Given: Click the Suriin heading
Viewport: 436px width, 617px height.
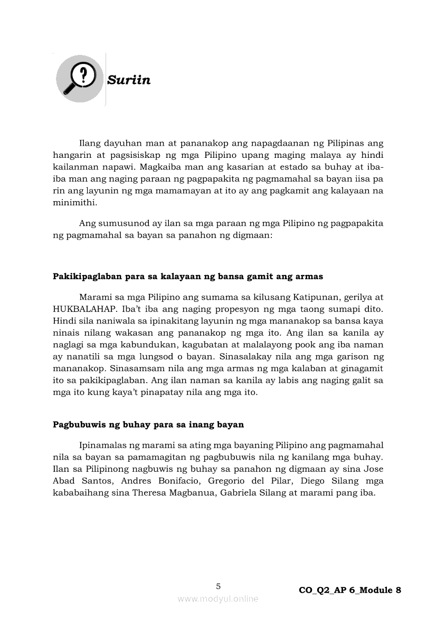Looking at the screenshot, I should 129,80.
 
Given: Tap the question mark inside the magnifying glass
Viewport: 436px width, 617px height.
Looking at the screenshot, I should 82,75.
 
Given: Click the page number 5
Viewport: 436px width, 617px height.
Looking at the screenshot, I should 218,586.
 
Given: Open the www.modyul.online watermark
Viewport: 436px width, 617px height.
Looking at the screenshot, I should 218,599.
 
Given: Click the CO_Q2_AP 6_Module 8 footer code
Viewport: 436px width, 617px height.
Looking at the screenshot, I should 349,590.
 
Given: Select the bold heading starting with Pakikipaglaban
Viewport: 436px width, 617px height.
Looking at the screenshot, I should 188,276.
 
